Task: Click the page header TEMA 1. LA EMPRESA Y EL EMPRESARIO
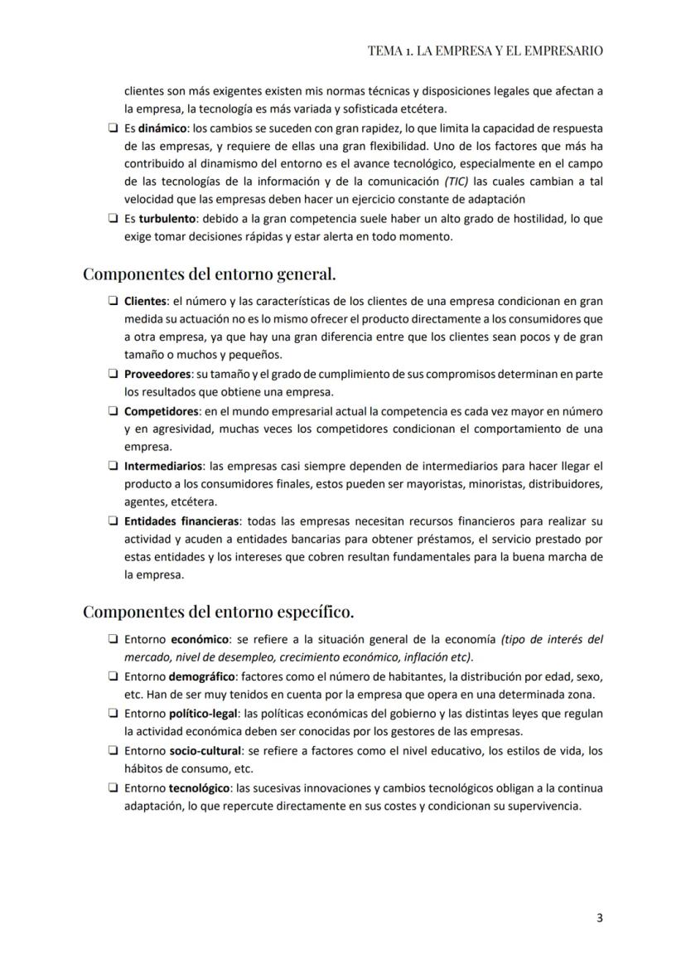[x=485, y=51]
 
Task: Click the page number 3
[x=599, y=918]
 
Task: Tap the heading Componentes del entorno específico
[x=218, y=612]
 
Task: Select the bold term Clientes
[x=145, y=301]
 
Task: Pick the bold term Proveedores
[x=157, y=375]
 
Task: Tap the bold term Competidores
[x=162, y=412]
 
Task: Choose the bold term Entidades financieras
[x=181, y=521]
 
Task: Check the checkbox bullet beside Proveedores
[x=112, y=375]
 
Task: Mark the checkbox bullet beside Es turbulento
[x=112, y=220]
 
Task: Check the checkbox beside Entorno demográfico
[x=112, y=676]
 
